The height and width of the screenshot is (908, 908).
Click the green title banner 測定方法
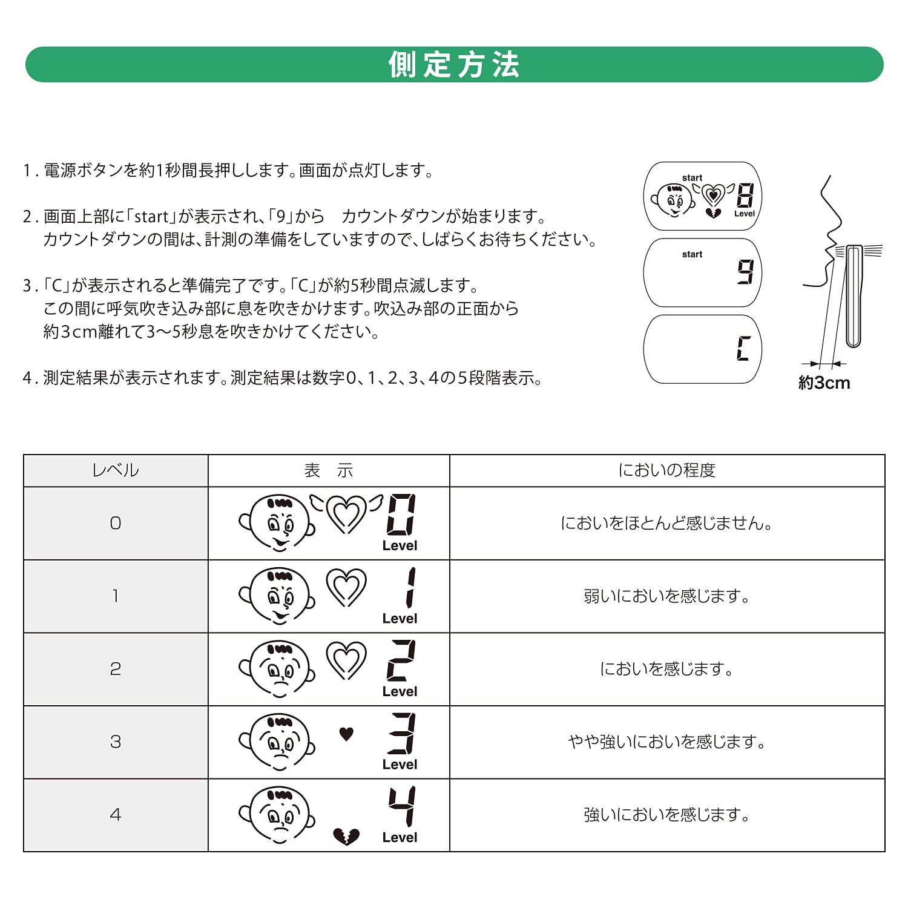454,64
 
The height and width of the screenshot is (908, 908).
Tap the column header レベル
115,470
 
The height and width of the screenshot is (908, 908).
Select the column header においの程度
666,470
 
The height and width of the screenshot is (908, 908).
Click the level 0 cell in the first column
115,523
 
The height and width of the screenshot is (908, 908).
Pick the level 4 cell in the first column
115,815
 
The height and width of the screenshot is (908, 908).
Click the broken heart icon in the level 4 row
346,837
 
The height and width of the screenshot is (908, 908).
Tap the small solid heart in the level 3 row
346,734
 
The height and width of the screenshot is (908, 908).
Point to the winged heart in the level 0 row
346,513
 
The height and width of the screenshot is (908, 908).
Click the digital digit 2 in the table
401,660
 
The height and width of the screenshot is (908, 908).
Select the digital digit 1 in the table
410,587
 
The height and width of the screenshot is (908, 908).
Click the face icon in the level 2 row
278,669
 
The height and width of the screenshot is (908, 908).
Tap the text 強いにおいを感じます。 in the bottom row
666,815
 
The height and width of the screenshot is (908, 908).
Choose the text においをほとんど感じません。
666,523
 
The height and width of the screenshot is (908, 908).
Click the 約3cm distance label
824,383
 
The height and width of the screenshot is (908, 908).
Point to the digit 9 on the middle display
745,272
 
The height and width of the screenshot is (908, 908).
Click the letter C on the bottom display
743,349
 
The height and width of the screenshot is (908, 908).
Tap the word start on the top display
692,178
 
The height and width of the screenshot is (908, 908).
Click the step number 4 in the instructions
27,378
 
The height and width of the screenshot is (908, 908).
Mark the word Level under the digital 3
400,765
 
